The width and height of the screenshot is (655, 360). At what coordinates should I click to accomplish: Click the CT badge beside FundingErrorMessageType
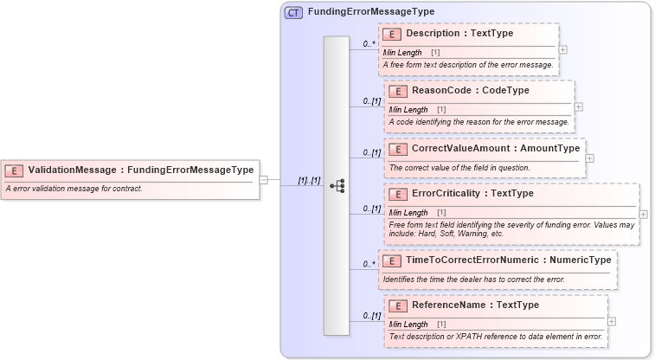(293, 12)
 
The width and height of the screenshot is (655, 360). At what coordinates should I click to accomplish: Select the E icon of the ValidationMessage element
(14, 170)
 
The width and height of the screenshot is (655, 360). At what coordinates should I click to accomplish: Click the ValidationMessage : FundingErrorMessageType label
(140, 170)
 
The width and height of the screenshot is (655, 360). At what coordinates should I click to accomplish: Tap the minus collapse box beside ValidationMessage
(264, 180)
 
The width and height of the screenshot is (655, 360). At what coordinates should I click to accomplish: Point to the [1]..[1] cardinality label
(309, 181)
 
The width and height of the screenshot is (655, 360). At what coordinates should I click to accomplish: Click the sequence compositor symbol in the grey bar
(337, 185)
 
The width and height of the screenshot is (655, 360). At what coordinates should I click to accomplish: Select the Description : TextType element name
(459, 34)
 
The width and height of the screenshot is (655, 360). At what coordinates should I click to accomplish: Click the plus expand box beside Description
(562, 50)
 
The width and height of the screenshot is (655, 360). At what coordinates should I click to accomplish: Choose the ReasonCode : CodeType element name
(470, 90)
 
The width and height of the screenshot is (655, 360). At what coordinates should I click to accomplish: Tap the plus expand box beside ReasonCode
(578, 106)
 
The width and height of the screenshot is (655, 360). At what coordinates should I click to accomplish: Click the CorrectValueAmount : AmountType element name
(495, 148)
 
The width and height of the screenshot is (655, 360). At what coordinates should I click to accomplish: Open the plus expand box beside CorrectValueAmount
(589, 158)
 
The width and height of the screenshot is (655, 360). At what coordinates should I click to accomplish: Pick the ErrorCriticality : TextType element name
(472, 193)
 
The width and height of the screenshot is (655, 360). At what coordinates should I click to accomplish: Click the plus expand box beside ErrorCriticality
(643, 213)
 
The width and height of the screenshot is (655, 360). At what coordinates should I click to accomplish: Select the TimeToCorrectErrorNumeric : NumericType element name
(508, 260)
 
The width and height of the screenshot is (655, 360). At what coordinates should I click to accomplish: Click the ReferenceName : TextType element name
(475, 305)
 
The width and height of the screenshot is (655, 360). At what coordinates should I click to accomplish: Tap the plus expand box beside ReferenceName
(612, 321)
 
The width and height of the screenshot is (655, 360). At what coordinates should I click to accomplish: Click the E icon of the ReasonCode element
(398, 90)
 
